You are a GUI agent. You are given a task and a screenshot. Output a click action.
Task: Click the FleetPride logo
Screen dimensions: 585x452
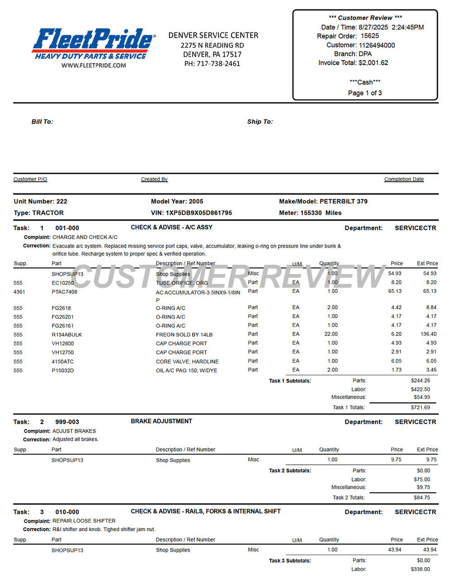[94, 43]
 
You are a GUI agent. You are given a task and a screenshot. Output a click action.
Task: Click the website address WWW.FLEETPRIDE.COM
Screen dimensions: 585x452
[94, 66]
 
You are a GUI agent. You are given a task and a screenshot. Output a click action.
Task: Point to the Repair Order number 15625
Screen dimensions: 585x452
[370, 36]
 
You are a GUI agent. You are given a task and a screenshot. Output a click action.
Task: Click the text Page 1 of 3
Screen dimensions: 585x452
[365, 93]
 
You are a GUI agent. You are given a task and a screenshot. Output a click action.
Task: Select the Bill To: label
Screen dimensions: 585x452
[42, 122]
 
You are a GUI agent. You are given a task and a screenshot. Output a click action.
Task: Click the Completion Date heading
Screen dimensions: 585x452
[404, 179]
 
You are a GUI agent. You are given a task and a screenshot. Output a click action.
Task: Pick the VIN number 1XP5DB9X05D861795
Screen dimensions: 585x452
[199, 213]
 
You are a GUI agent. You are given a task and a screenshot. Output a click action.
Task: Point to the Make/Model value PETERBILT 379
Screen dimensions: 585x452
[344, 202]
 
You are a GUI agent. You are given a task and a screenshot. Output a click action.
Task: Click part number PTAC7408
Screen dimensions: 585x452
[64, 292]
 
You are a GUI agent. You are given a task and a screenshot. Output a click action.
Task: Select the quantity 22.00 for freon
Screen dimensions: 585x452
[331, 334]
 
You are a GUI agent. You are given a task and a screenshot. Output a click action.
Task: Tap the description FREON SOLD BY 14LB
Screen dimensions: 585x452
[184, 335]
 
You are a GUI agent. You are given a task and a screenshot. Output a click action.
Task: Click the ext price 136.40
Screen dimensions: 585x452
[428, 334]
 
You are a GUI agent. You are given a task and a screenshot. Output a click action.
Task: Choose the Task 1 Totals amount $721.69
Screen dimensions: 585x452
[420, 407]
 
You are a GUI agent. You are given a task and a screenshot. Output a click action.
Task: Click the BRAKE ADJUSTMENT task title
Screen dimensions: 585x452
[161, 421]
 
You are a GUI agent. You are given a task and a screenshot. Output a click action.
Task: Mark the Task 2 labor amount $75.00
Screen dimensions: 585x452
[422, 480]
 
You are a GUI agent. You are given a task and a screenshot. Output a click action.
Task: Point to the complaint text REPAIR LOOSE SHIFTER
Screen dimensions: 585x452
[84, 521]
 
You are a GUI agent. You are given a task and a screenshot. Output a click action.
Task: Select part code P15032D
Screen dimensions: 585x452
[62, 371]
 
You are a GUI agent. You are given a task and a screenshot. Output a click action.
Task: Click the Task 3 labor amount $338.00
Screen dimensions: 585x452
[420, 569]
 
